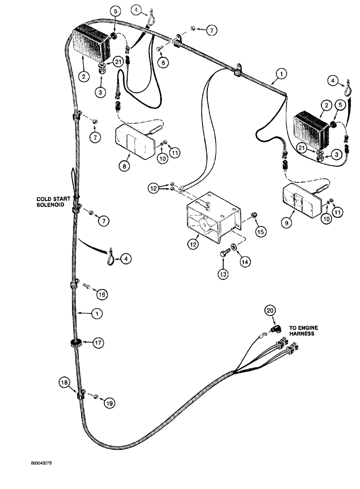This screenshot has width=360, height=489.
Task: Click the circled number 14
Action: (245, 262)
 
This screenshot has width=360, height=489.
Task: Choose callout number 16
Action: (101, 294)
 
